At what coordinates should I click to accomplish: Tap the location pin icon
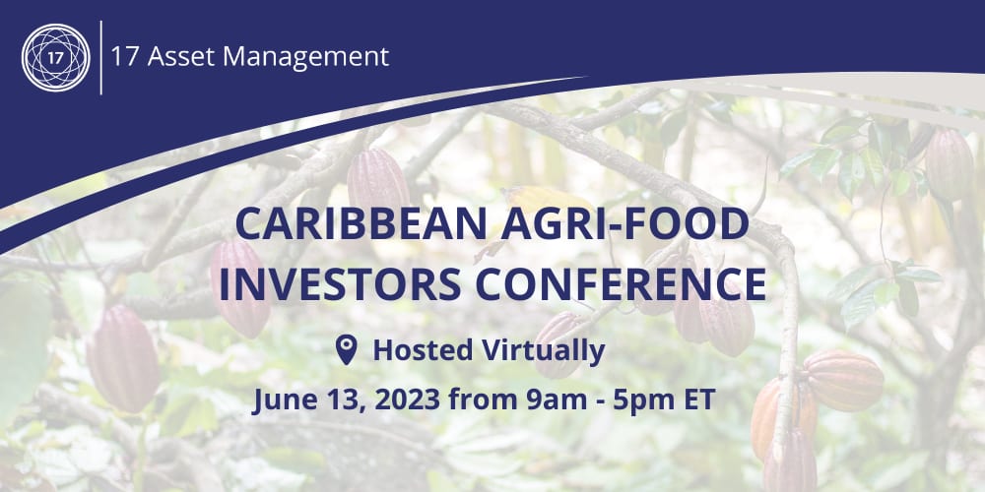[x=346, y=349]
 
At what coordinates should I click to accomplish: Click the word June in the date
[x=282, y=401]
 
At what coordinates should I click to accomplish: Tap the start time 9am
[x=555, y=401]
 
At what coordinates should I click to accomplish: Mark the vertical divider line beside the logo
[x=100, y=56]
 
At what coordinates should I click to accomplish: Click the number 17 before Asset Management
[x=125, y=56]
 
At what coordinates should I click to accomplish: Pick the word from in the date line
[x=482, y=401]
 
